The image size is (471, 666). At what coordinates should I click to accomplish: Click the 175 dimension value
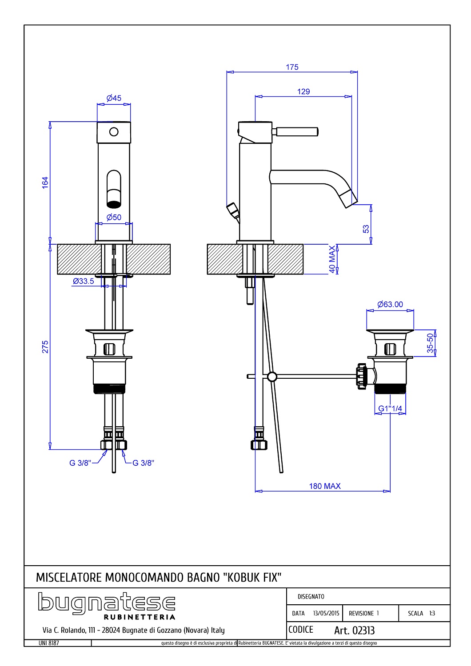292,67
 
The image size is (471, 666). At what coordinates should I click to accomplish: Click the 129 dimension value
303,92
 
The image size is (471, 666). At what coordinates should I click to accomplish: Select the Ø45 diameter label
114,98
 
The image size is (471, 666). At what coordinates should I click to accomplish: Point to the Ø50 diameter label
114,217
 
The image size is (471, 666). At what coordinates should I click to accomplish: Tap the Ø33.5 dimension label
84,281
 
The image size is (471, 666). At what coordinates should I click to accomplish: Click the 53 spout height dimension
366,229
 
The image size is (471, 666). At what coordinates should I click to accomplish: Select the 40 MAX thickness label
332,259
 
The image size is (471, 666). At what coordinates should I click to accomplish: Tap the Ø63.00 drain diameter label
390,305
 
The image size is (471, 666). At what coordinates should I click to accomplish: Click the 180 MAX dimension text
325,486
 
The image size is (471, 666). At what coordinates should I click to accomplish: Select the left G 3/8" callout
80,463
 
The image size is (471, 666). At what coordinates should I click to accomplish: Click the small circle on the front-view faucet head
114,132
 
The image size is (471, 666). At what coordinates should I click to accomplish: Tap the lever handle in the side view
296,131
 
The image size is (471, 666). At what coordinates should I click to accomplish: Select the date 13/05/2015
326,613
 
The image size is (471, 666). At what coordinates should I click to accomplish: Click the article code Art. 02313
354,630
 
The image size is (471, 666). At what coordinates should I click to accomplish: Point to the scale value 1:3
431,613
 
